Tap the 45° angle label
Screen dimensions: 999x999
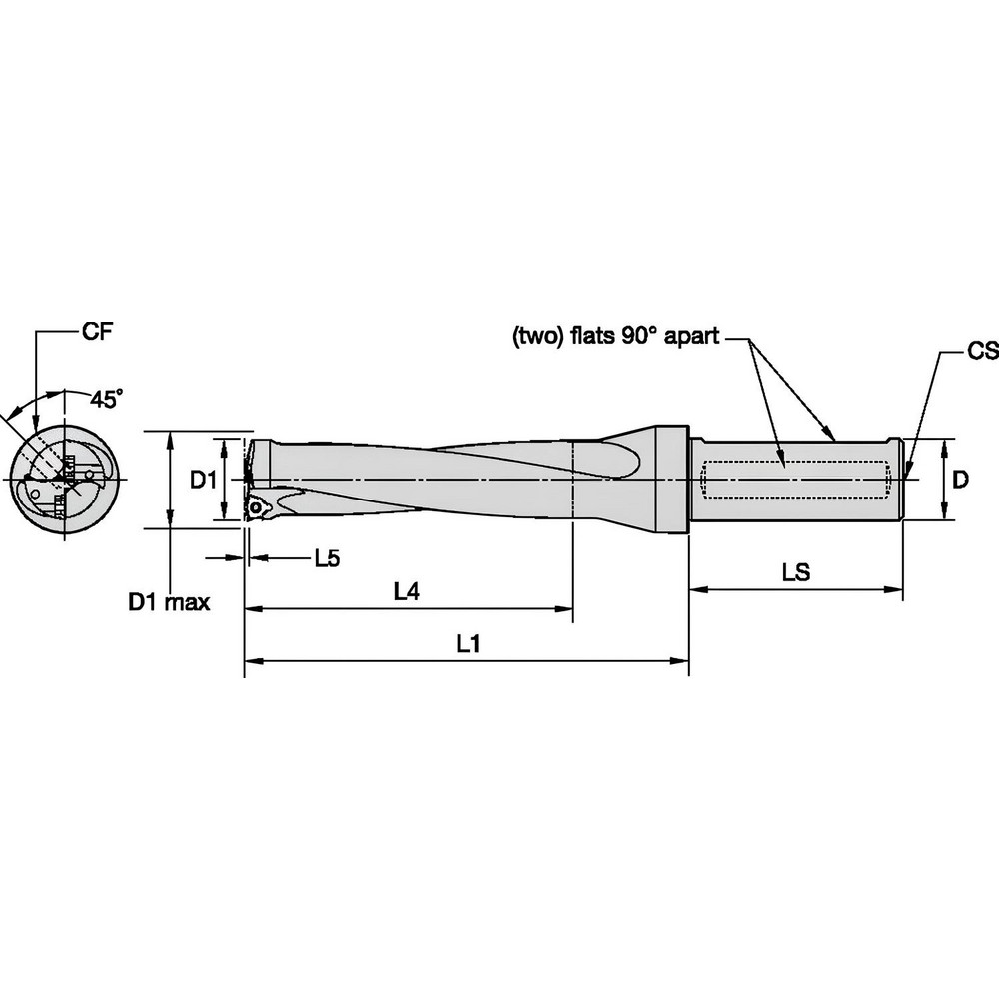[x=107, y=400]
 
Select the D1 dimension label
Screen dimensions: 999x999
[x=204, y=481]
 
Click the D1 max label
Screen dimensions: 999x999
[x=168, y=602]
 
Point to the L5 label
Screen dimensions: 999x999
[x=327, y=558]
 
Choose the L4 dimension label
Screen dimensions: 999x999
[x=405, y=592]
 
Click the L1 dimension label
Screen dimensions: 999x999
[x=468, y=645]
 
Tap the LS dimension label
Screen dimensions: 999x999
[x=796, y=573]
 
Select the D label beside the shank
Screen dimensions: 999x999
[x=959, y=481]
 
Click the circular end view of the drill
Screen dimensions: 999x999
[x=65, y=481]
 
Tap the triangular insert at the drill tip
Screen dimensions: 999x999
[x=262, y=506]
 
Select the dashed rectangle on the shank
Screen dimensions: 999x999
[x=796, y=480]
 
